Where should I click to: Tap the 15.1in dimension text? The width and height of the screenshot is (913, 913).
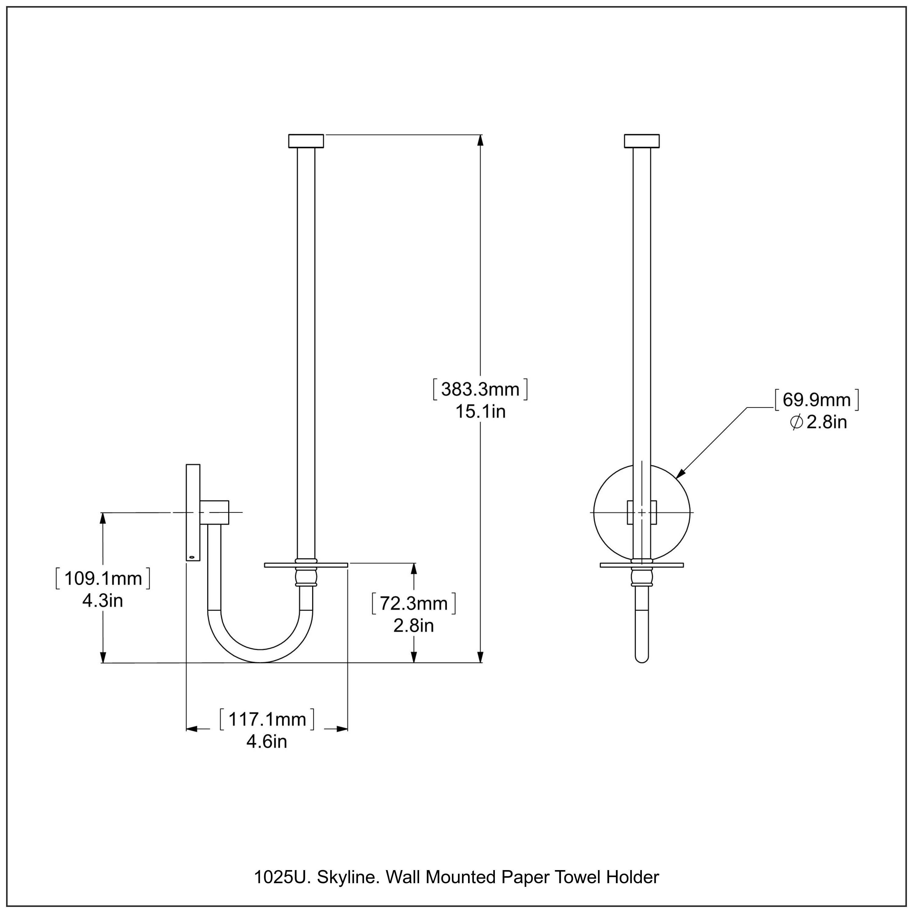coord(480,411)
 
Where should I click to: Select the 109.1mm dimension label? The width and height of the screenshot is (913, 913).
coord(103,579)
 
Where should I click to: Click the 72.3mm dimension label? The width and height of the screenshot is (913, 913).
coord(414,603)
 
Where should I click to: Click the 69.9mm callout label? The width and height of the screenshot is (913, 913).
coord(817,400)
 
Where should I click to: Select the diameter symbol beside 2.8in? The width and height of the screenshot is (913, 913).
coord(796,422)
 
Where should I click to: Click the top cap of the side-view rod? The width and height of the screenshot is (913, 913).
coord(306,141)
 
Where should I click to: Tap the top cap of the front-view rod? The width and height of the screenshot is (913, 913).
coord(642,141)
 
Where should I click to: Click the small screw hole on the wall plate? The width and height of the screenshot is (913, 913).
coord(191,558)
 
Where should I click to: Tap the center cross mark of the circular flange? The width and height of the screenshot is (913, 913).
coord(642,512)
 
